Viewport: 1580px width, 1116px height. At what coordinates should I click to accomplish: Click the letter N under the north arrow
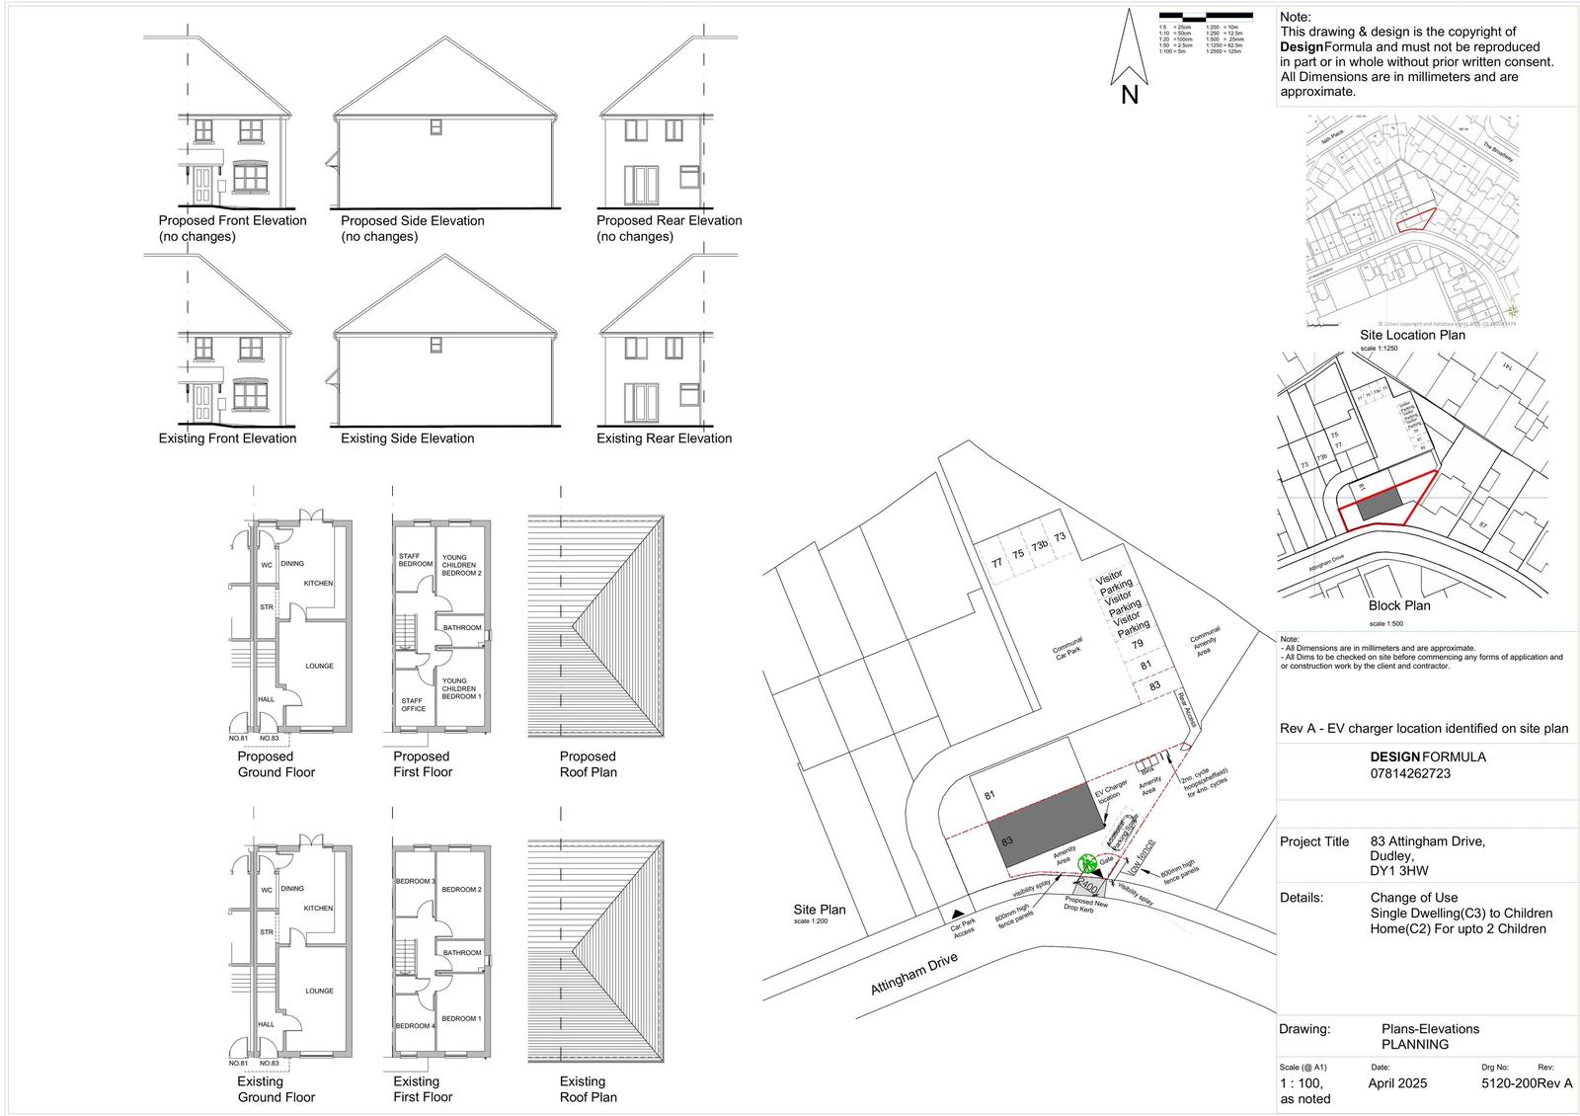[x=1130, y=96]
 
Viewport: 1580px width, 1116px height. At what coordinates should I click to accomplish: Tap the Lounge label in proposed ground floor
[x=319, y=666]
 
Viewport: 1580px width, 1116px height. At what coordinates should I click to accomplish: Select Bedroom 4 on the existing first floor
[x=414, y=1026]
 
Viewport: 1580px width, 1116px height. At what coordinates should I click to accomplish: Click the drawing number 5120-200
[x=1509, y=1083]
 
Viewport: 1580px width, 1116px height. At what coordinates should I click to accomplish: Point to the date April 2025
[x=1397, y=1083]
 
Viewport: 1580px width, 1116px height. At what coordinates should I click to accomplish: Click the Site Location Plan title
[x=1412, y=335]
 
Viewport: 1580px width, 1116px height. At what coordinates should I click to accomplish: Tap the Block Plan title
[x=1399, y=605]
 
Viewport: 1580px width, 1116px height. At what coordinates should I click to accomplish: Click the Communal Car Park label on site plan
[x=1068, y=648]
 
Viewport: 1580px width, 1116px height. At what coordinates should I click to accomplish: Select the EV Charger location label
[x=1110, y=791]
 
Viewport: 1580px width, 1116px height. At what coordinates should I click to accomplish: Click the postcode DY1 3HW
[x=1399, y=871]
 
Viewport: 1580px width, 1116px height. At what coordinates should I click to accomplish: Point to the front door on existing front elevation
[x=203, y=402]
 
